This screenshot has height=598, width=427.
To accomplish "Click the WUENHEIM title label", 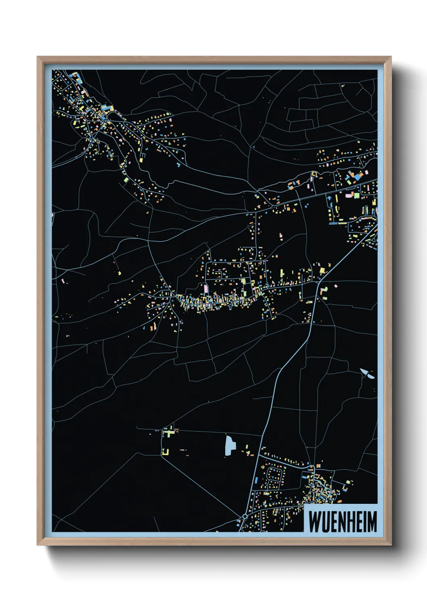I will tap(343, 521).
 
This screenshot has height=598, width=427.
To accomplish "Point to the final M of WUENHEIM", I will tap(372, 522).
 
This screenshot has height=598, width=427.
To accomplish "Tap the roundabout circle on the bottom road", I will tap(245, 516).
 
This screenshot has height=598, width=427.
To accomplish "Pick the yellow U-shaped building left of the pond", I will tap(165, 452).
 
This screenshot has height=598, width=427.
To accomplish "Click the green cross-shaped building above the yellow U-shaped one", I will tap(169, 432).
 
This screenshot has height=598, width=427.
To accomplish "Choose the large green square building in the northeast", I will tap(357, 196).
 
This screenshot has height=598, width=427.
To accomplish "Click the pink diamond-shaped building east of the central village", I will tap(335, 286).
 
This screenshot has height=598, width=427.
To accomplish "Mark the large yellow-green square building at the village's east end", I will tap(322, 270).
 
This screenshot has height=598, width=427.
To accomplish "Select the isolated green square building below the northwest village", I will tap(126, 179).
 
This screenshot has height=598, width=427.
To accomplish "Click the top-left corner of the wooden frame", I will tap(38, 57).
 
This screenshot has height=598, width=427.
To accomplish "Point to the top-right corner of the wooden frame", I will tap(391, 57).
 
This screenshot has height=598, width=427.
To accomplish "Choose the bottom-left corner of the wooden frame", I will tap(38, 545).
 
